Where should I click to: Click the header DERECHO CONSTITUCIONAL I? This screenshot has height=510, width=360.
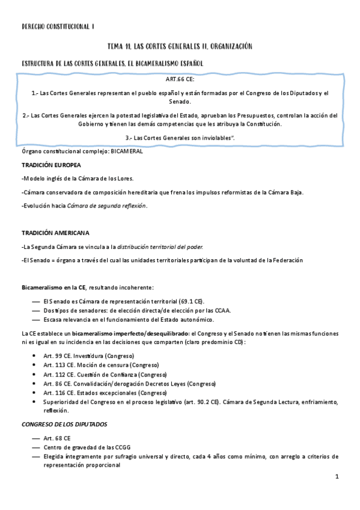[x=58, y=27]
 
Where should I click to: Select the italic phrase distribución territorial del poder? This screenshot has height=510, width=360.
[x=159, y=247]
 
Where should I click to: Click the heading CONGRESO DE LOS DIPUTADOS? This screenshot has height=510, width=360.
[x=64, y=424]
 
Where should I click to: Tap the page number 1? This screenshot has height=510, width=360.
[x=338, y=476]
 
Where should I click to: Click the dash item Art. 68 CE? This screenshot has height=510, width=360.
[x=57, y=438]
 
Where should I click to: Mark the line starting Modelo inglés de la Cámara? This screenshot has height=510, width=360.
[x=78, y=179]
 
